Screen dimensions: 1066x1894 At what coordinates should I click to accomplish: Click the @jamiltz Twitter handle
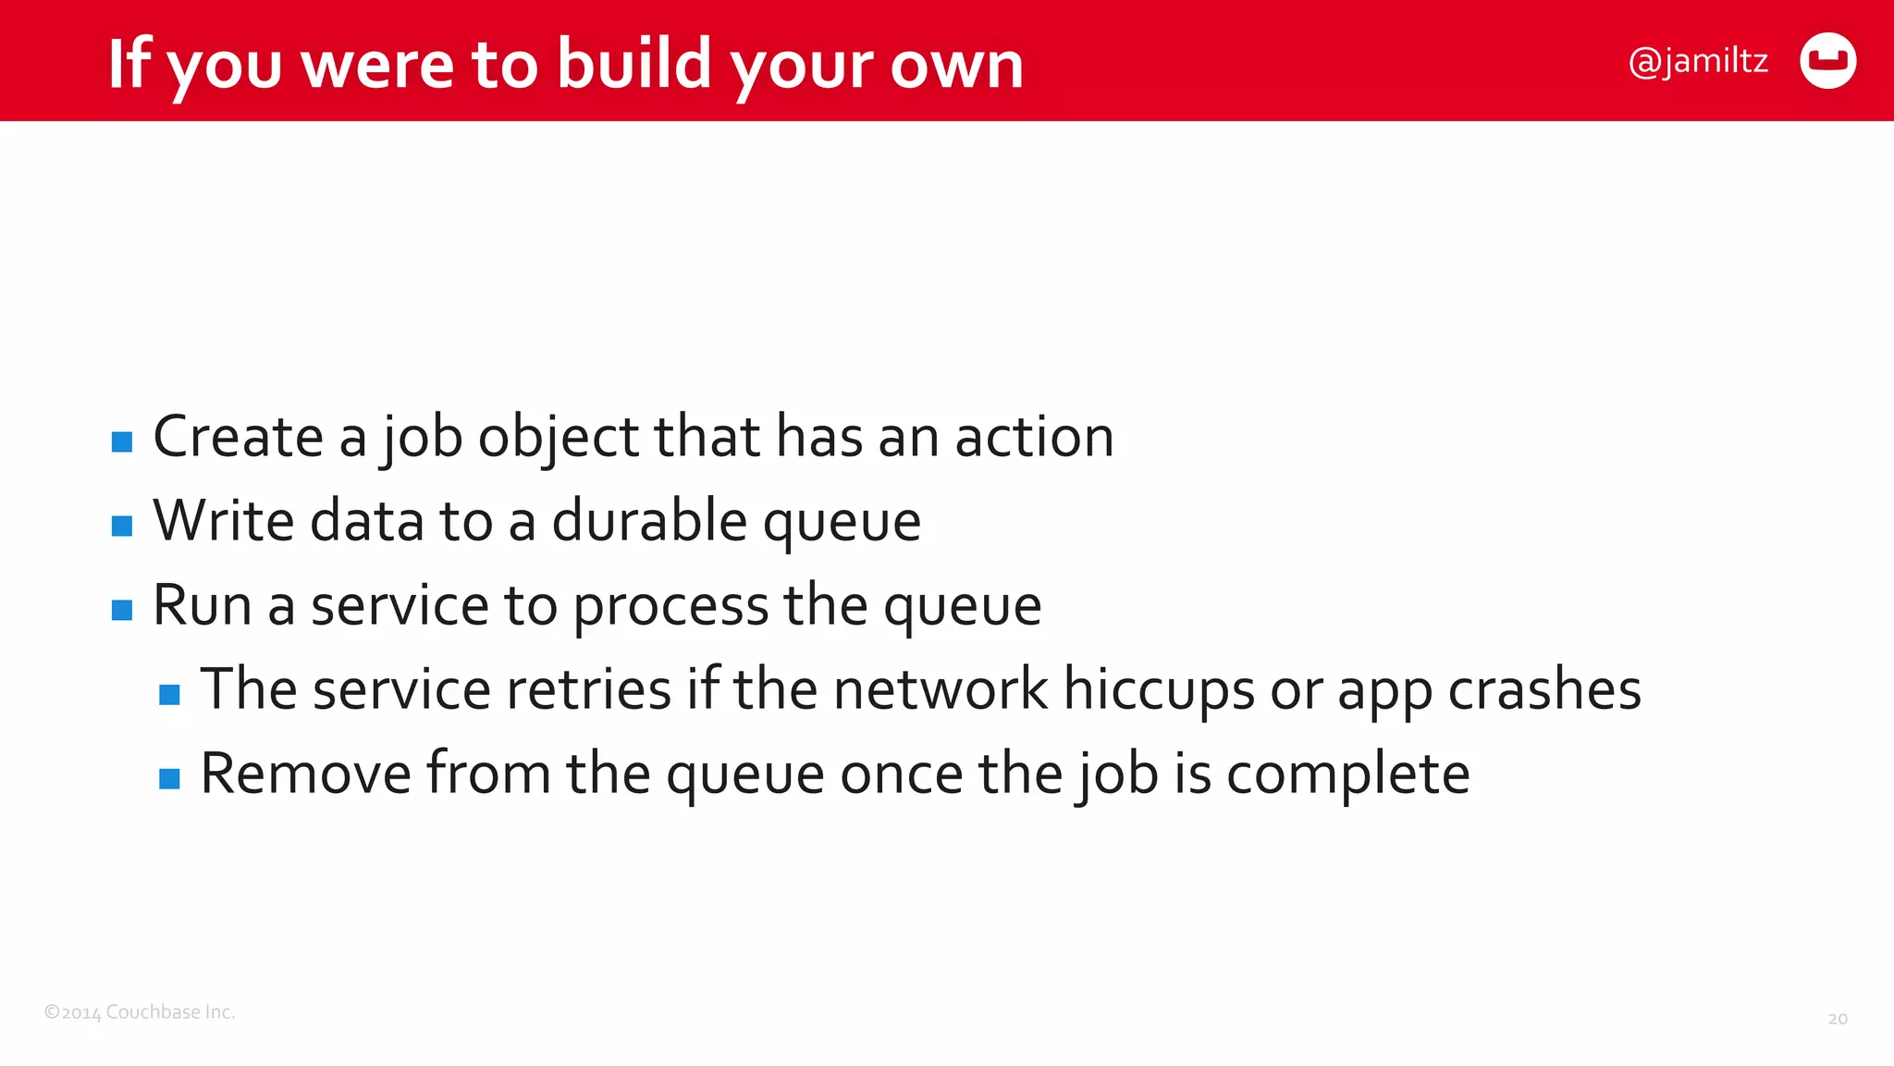(x=1698, y=62)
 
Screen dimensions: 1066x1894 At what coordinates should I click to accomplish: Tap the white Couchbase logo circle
(x=1827, y=61)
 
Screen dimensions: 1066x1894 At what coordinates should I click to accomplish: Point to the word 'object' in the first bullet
(x=558, y=438)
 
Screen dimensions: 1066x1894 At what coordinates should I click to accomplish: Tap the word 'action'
(x=1034, y=437)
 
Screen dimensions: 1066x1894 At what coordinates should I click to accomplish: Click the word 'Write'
(x=223, y=520)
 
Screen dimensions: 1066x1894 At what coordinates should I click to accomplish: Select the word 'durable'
(x=649, y=520)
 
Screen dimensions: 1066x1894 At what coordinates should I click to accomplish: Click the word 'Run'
(x=202, y=605)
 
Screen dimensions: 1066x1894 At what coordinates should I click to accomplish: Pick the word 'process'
(x=670, y=607)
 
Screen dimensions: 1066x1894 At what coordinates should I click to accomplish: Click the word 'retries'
(x=584, y=689)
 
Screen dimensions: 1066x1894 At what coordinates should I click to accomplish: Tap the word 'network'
(x=941, y=689)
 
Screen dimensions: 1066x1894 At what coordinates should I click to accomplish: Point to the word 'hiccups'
(x=1159, y=691)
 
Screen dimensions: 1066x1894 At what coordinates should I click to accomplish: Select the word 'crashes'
(x=1544, y=689)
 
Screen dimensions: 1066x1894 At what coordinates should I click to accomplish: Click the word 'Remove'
(x=305, y=774)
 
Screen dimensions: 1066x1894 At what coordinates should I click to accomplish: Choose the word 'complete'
(x=1347, y=775)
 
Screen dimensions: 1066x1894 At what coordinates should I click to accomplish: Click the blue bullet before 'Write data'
(x=122, y=526)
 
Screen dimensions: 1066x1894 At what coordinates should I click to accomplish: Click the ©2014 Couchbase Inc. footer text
(x=140, y=1012)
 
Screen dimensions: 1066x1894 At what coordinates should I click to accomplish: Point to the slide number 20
(x=1837, y=1019)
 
